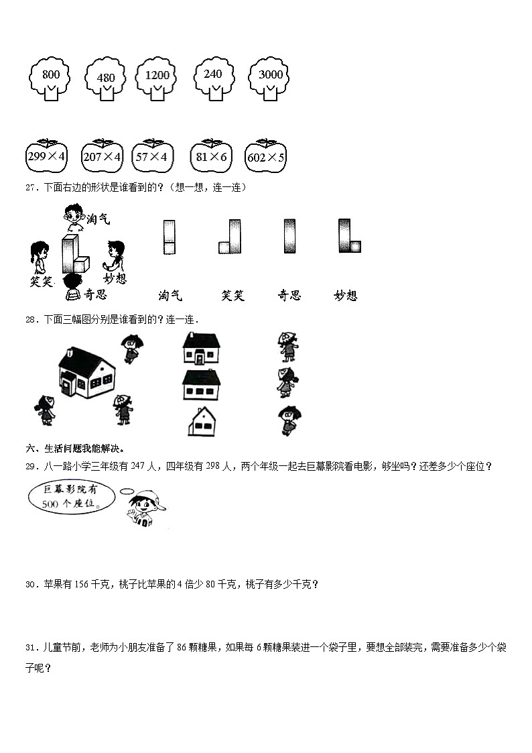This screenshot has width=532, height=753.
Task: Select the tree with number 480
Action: coord(106,80)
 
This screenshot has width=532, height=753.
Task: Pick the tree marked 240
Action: coord(212,78)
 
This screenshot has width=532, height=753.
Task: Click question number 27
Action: coord(30,188)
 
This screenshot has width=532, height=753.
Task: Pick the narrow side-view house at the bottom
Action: coord(202,422)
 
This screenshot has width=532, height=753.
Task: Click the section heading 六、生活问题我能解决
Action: coord(74,449)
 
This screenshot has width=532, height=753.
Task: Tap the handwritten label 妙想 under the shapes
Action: coord(345,296)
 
